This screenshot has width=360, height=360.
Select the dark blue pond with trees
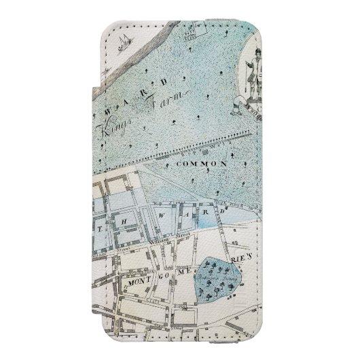tap(219, 278)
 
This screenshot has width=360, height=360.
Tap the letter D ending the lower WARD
tap(221, 210)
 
